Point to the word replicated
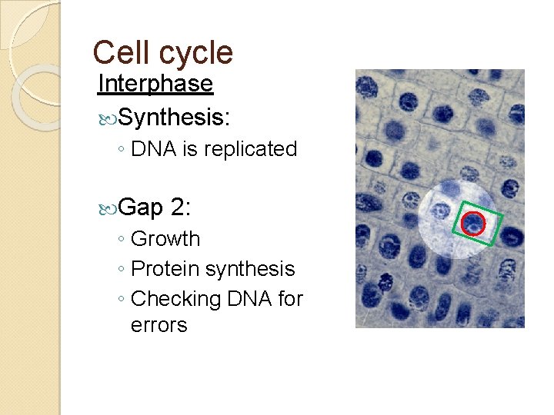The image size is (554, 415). [250, 149]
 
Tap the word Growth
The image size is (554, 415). [165, 239]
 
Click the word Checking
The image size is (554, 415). [176, 298]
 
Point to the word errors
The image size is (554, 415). [159, 325]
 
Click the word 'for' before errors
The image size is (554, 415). [291, 298]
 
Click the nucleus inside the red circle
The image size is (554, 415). [473, 224]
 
